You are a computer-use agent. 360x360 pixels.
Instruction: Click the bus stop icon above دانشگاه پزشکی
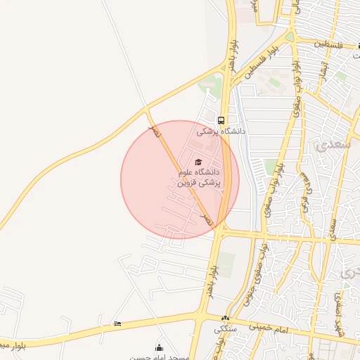point(221,120)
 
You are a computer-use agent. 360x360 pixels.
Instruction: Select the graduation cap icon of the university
point(198,162)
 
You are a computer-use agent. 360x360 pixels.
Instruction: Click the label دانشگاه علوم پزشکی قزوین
point(198,177)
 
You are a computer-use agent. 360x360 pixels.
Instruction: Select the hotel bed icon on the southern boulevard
point(117,323)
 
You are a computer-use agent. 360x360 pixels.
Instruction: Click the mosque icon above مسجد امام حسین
point(159,347)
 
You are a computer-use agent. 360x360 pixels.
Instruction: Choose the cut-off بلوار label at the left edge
point(12,345)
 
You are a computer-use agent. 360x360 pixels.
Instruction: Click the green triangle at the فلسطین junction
point(289,37)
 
